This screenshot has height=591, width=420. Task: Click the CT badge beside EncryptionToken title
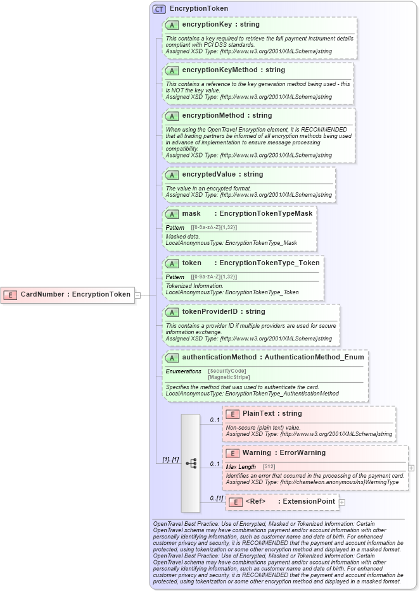point(159,9)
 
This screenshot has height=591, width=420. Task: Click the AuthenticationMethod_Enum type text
point(314,357)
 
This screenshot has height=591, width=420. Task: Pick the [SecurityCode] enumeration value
point(227,371)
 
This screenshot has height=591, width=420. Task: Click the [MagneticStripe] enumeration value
point(229,377)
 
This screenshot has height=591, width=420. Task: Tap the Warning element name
point(257,452)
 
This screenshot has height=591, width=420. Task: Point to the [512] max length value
point(269,466)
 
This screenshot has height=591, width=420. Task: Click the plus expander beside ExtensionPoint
point(342,502)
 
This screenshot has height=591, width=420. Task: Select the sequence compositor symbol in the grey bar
point(190,463)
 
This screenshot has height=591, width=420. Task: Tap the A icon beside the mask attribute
point(172,214)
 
